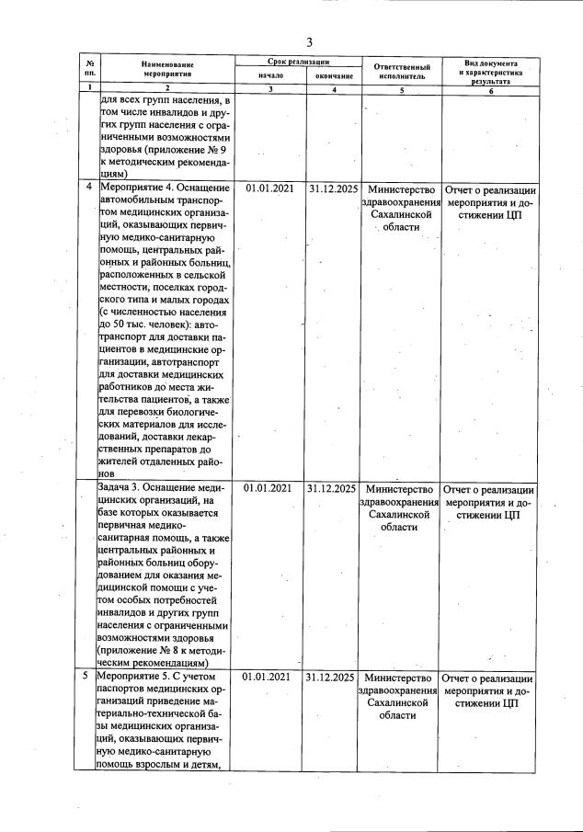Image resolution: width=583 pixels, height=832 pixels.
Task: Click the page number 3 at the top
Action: coord(309,42)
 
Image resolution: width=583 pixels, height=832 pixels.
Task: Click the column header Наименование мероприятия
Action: coord(168,70)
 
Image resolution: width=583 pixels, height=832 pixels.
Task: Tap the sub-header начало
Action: coord(270,74)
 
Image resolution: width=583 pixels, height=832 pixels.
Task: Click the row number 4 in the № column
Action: coord(88,188)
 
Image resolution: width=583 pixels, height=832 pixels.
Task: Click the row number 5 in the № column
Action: coord(88,677)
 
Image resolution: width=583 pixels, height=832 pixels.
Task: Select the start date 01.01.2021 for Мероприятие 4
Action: coord(270,188)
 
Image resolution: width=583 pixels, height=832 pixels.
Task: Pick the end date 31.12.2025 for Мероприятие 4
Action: coord(333,188)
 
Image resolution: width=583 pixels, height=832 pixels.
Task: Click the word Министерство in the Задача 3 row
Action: coord(399,488)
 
